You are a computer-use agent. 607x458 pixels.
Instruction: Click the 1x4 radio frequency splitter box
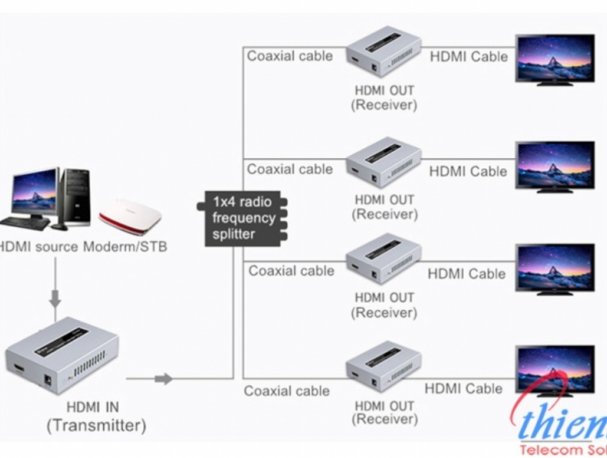(x=242, y=218)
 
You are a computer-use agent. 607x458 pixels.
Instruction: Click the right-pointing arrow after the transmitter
(x=164, y=378)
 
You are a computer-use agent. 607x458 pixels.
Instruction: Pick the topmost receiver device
(x=384, y=54)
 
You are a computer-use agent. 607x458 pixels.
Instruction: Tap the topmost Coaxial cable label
(x=290, y=56)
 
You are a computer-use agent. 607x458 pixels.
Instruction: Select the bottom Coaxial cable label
(x=286, y=391)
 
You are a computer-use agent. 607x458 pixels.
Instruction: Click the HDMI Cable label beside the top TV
(x=468, y=56)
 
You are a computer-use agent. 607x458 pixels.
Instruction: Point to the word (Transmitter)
(x=96, y=426)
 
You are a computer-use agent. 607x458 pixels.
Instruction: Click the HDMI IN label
(x=93, y=407)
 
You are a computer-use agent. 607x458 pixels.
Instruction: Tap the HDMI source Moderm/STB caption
(x=82, y=247)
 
